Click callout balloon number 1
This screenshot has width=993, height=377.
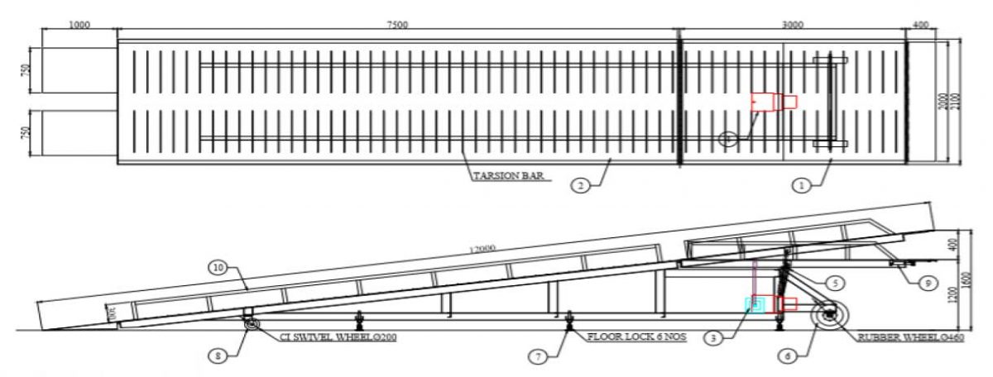[800, 186]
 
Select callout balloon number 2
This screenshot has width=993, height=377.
[581, 186]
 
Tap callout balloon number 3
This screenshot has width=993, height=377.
[714, 336]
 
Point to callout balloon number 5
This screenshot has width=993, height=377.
[836, 283]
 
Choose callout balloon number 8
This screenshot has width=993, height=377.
[216, 356]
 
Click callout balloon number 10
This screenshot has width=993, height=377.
[218, 268]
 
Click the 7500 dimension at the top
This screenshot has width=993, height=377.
[397, 25]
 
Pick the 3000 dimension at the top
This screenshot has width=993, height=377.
[792, 25]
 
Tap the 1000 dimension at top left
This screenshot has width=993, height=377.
[79, 25]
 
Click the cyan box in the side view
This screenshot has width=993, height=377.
[754, 305]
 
